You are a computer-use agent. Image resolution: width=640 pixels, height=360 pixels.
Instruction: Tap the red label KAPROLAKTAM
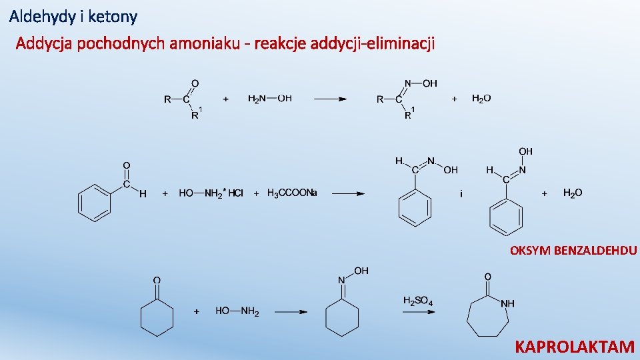coord(575,347)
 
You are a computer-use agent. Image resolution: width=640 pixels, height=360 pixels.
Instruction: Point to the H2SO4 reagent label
coord(418,301)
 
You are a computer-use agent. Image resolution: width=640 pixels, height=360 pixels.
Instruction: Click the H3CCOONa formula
coord(292,193)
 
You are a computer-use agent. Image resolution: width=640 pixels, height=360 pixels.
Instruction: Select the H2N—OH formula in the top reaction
coord(269,99)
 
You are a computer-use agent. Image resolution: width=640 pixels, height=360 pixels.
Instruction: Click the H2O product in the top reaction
coord(481,99)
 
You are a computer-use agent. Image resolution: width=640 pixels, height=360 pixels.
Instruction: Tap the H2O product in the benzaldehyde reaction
coord(573,193)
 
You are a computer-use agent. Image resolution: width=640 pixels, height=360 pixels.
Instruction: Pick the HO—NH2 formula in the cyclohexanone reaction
coord(237,311)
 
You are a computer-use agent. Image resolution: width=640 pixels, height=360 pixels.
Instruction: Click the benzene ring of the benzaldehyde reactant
coord(95,203)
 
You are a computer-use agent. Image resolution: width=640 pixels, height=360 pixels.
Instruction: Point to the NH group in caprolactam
coord(508,303)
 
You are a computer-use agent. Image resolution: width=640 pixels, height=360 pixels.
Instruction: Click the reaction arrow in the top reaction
coord(330,99)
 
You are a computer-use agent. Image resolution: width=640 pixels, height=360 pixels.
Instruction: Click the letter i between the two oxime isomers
coord(461,194)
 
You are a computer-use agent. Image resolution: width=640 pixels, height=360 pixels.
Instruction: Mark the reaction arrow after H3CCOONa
coord(348,194)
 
